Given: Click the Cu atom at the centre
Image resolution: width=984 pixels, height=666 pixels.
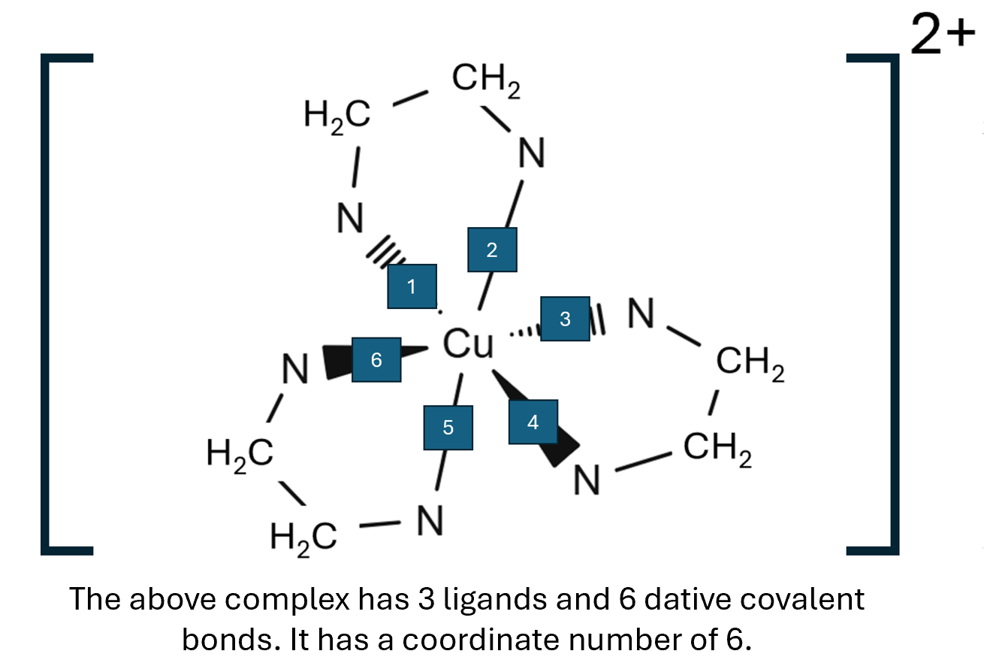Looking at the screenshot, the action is click(469, 345).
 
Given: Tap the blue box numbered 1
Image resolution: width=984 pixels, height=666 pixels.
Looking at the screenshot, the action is click(412, 286).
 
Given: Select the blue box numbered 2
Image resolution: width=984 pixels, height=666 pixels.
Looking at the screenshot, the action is click(492, 250).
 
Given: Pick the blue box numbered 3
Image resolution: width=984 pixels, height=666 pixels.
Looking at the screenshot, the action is click(565, 319).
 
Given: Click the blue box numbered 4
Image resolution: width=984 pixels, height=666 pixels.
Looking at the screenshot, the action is click(533, 422).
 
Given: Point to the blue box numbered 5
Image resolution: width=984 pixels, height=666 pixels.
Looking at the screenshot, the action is click(448, 428).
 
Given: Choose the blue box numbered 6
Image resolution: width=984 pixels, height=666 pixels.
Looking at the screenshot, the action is click(376, 360).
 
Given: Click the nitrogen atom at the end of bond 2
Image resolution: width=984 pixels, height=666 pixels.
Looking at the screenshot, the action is click(531, 154).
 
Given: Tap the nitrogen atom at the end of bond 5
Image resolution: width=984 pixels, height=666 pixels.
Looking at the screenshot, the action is click(429, 520).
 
